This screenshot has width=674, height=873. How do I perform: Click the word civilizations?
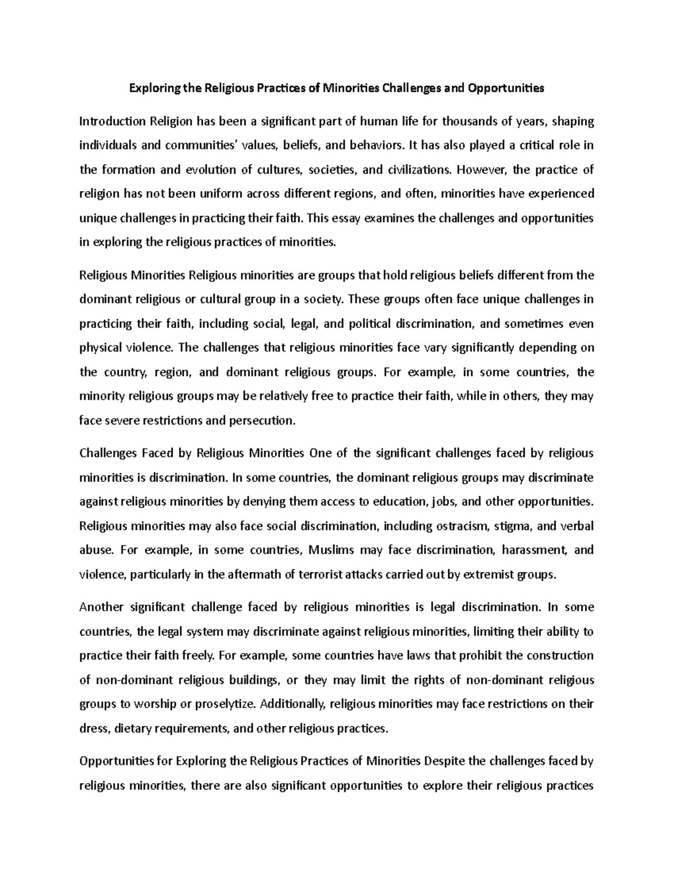[x=410, y=169]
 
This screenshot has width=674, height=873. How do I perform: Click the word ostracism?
[x=463, y=526]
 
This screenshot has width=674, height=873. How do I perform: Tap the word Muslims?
[x=331, y=550]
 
